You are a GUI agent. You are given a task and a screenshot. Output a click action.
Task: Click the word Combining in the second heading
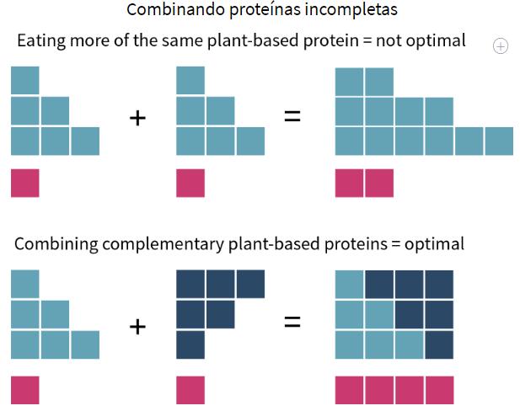[x=52, y=244]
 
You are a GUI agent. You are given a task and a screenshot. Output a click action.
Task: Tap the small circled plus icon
[x=500, y=46]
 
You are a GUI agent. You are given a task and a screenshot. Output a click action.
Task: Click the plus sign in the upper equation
[x=137, y=117]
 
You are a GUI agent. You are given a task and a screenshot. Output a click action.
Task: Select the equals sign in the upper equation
[x=292, y=117]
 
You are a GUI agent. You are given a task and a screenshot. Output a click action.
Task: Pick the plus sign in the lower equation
[x=137, y=325]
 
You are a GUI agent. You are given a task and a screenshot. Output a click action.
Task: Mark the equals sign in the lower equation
[x=292, y=322]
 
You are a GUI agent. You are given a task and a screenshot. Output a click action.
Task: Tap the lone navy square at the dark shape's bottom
[x=190, y=344]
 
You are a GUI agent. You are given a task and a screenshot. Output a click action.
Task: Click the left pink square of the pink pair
[x=349, y=183]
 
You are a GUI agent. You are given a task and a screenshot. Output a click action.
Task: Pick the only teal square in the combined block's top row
[x=349, y=284]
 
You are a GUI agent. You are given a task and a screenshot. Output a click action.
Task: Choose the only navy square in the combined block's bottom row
[x=439, y=344]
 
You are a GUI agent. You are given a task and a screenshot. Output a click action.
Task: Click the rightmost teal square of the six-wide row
[x=499, y=141]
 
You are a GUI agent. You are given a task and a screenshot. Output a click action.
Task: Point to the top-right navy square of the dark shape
[x=250, y=284]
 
